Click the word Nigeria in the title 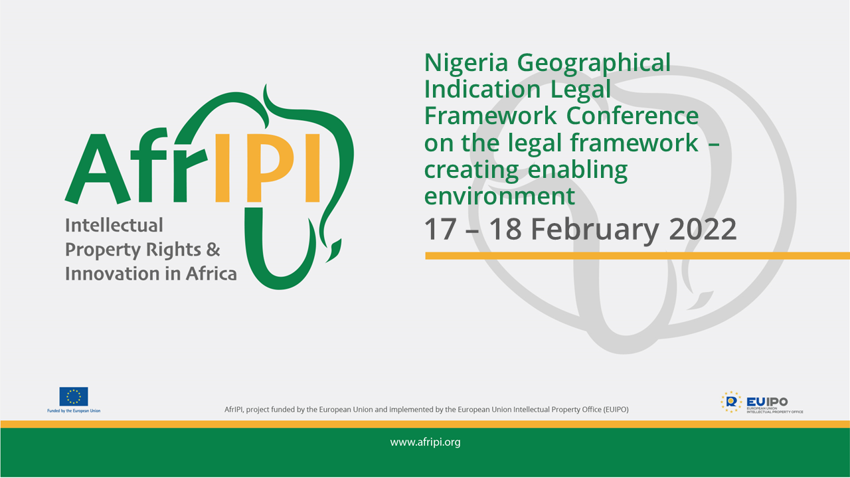(466, 63)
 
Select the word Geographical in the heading (594, 63)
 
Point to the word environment (499, 196)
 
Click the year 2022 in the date (703, 229)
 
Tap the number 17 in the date (440, 229)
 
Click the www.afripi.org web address (425, 442)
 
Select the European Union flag (74, 396)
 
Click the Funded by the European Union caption (74, 411)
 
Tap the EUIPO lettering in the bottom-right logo (767, 402)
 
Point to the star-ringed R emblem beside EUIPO (731, 402)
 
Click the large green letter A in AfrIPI (98, 169)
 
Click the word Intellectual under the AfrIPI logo (114, 225)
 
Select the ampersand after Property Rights (213, 250)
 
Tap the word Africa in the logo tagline (211, 274)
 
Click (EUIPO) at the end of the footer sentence (616, 410)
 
